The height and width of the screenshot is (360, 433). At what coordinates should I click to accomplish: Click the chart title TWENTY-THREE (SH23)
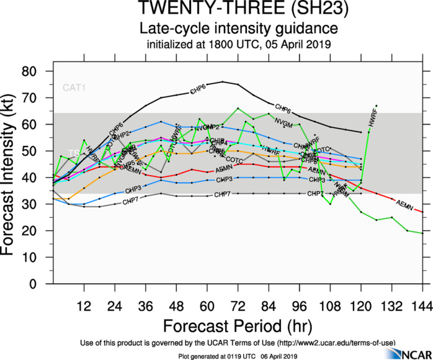(x=238, y=10)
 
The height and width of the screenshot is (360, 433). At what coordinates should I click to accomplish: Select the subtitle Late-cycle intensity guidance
(x=238, y=29)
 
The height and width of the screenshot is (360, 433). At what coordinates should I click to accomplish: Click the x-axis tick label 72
(x=238, y=306)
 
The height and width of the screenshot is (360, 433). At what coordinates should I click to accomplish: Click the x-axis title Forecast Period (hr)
(x=238, y=326)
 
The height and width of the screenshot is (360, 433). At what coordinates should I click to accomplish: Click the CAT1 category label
(x=74, y=88)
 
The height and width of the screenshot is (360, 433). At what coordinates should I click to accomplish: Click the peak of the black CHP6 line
(x=223, y=82)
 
